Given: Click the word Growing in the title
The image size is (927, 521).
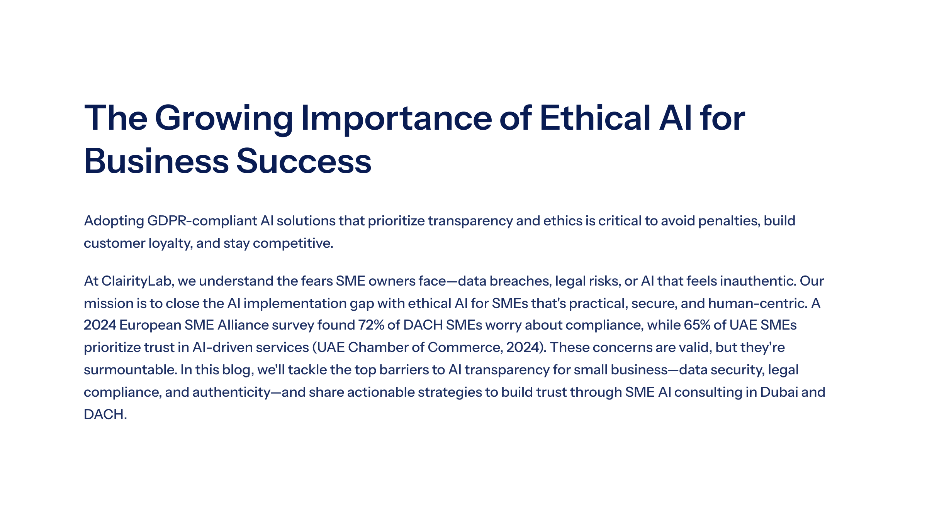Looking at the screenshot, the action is click(x=224, y=119).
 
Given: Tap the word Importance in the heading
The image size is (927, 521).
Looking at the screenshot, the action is click(x=396, y=119).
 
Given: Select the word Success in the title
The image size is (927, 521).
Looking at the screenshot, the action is click(x=304, y=161).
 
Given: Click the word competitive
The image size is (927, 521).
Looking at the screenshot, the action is click(x=293, y=244).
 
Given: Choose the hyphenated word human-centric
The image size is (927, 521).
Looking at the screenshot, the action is click(x=758, y=303).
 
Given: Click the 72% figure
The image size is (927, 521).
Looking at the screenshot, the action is click(x=371, y=325).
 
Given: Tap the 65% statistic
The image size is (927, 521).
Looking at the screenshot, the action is click(x=697, y=325).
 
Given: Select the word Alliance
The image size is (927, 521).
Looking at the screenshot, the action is click(x=243, y=325).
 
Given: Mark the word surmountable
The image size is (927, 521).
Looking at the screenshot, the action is click(x=131, y=370).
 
